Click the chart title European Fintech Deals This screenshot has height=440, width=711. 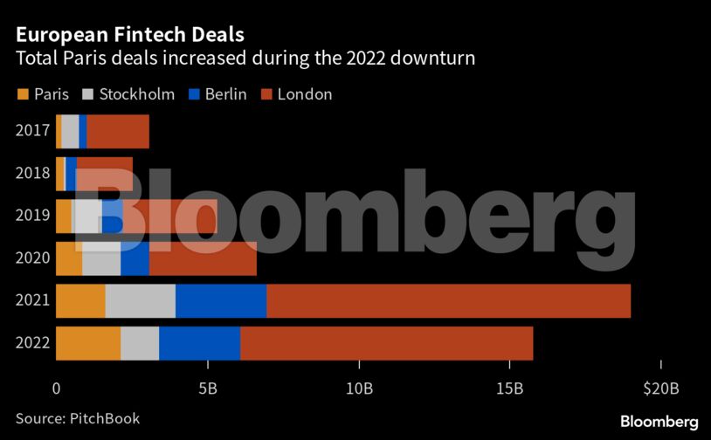tap(129, 35)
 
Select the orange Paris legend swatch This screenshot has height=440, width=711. tap(22, 94)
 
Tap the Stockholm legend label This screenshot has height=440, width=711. tap(137, 94)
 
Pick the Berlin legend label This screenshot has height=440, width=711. tap(225, 94)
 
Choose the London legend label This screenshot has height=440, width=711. tap(305, 94)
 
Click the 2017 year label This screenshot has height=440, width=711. tap(32, 131)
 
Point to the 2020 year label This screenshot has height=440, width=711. tap(32, 258)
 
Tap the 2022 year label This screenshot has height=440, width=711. tap(32, 343)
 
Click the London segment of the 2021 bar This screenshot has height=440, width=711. tap(448, 301)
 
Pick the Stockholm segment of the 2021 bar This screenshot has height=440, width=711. tap(140, 301)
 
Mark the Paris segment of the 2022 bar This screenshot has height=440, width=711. tap(88, 343)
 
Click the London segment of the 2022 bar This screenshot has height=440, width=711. tap(386, 343)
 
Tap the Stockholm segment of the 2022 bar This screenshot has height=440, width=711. tap(140, 343)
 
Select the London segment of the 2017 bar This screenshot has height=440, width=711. tap(118, 131)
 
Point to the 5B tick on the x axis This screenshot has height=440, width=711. tap(207, 388)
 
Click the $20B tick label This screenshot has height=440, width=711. tap(661, 388)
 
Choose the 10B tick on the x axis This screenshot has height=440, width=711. tap(359, 388)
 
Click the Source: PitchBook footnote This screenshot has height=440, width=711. tap(77, 419)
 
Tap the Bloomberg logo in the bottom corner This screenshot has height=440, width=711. tap(659, 421)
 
